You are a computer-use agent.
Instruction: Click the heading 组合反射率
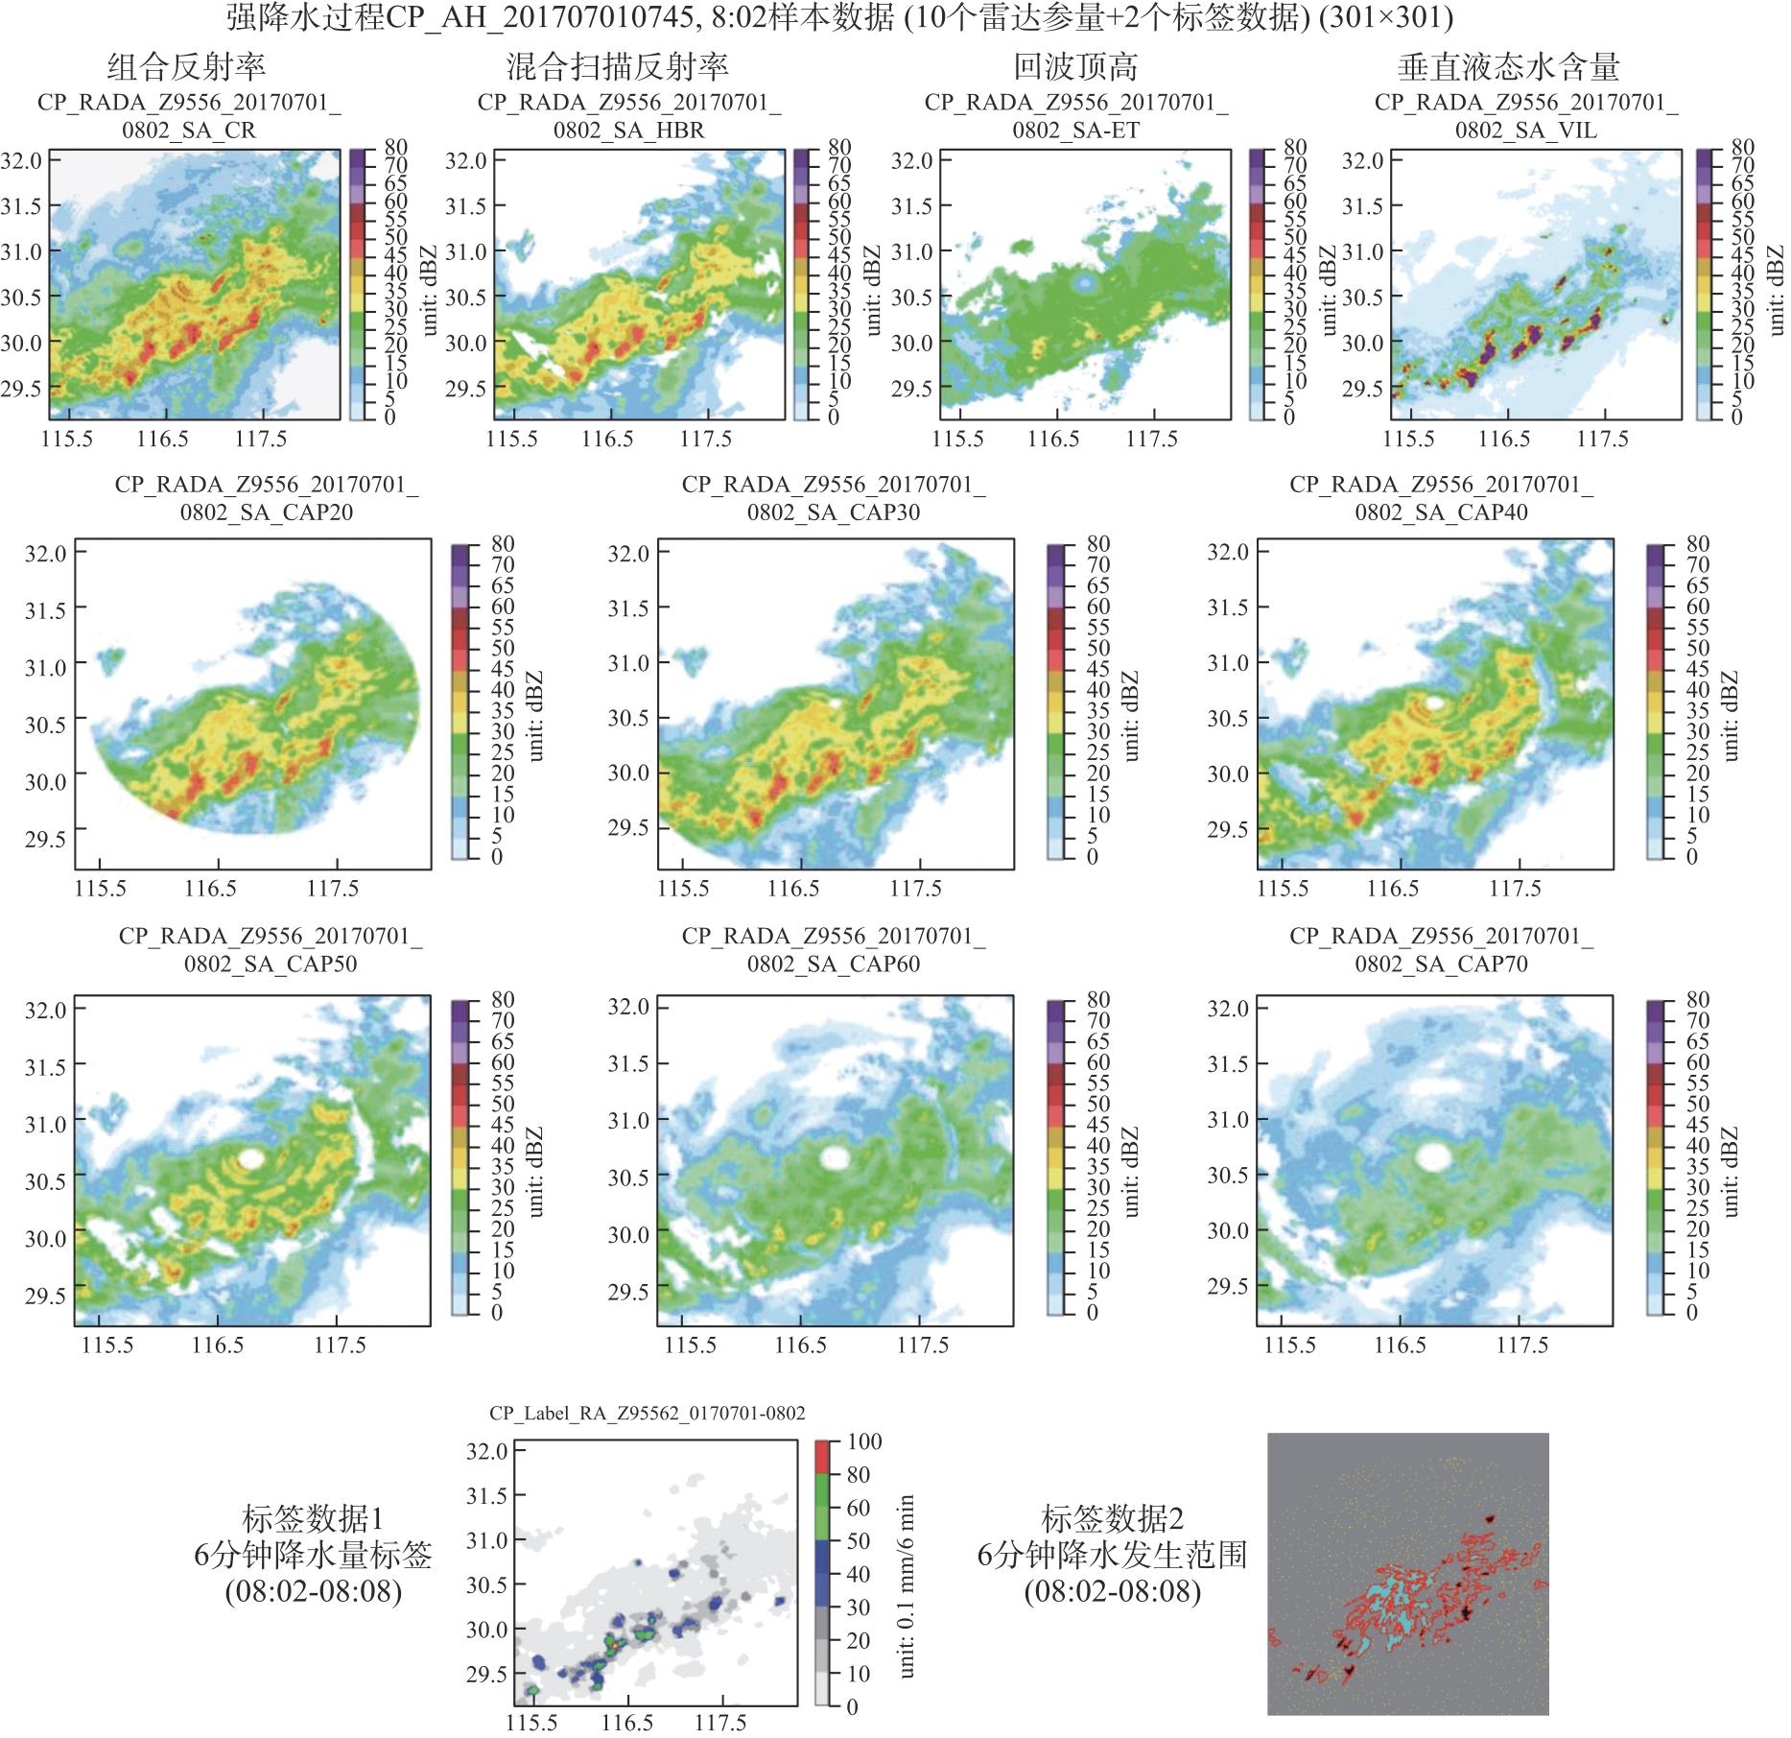[x=186, y=67]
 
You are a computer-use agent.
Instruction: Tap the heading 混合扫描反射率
[x=617, y=67]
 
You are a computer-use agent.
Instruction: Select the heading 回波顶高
[x=1075, y=67]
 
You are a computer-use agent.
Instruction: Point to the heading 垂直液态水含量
[x=1509, y=67]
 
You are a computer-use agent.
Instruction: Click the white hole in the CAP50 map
[x=250, y=1158]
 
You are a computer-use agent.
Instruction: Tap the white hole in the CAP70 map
[x=1433, y=1155]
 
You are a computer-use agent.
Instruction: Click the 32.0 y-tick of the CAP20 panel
[x=46, y=554]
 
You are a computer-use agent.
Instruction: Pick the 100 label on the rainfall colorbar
[x=863, y=1442]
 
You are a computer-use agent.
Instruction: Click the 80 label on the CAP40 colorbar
[x=1685, y=544]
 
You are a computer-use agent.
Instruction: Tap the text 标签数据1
[x=313, y=1519]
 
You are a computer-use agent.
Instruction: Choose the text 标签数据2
[x=1112, y=1519]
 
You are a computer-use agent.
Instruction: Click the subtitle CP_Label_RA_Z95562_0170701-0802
[x=648, y=1413]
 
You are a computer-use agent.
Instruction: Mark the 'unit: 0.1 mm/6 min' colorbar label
[x=907, y=1585]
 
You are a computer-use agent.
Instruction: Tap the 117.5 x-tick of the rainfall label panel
[x=720, y=1724]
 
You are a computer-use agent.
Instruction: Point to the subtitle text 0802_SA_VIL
[x=1525, y=130]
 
